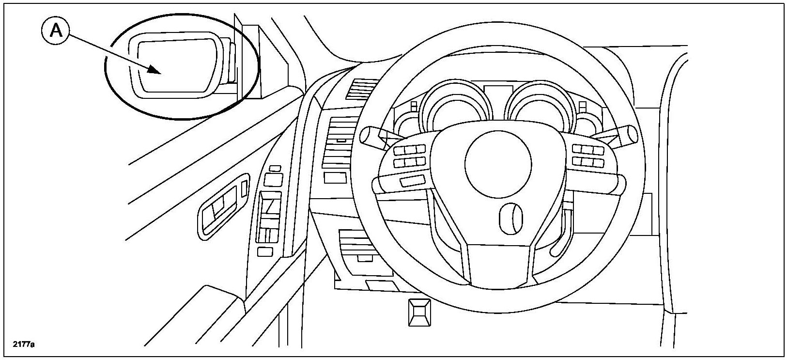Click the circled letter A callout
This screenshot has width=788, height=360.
click(56, 31)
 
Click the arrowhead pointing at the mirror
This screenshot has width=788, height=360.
click(155, 71)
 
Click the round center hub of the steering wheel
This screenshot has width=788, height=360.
click(494, 162)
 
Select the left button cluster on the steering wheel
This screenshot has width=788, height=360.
click(409, 156)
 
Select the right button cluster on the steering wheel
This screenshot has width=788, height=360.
click(587, 155)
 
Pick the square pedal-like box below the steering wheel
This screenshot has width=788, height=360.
click(419, 312)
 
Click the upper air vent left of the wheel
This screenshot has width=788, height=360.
click(360, 90)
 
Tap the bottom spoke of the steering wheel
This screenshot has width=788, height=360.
click(499, 264)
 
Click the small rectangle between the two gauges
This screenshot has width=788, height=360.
click(497, 92)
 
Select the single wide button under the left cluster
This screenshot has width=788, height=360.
click(412, 181)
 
